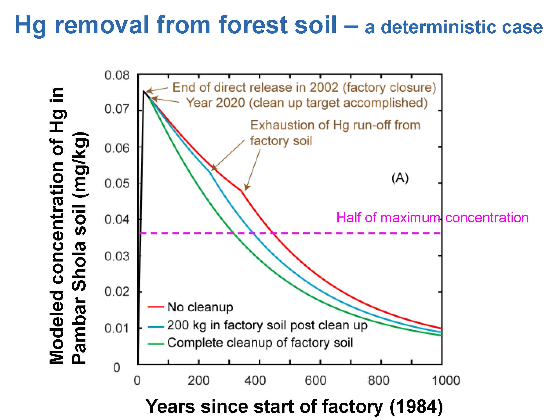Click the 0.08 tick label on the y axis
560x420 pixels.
click(x=117, y=75)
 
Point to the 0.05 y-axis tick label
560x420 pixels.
click(x=117, y=184)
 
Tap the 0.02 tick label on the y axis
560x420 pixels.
click(x=117, y=292)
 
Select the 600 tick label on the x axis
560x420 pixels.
click(x=316, y=381)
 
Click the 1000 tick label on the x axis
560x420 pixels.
click(x=446, y=381)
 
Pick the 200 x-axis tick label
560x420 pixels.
click(x=199, y=381)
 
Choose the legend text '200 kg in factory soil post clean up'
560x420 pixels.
click(x=267, y=325)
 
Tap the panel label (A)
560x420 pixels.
click(x=400, y=178)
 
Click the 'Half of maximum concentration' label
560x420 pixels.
click(x=432, y=218)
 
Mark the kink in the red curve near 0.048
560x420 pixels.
click(x=241, y=190)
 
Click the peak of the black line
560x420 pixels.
click(x=144, y=91)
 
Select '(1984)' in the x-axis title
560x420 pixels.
click(x=416, y=406)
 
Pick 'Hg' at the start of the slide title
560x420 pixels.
click(x=31, y=26)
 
